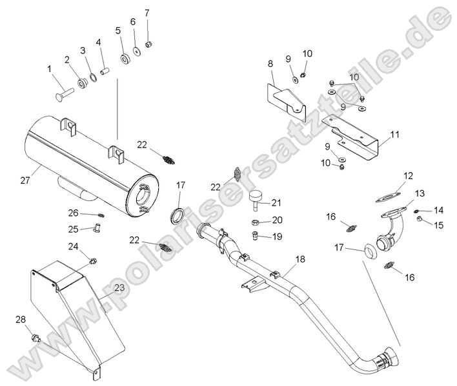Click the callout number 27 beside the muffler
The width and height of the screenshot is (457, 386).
[25, 181]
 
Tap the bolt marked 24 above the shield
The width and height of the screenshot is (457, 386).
[94, 261]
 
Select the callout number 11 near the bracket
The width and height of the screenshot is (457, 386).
[395, 135]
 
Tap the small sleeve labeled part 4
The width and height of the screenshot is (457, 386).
[103, 66]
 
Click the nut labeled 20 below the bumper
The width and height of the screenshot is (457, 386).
[255, 222]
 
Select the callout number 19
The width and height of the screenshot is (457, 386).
[278, 236]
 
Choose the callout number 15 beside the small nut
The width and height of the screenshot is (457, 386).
[439, 225]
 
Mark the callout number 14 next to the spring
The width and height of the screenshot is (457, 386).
[439, 210]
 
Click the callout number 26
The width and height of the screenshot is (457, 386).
[74, 213]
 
